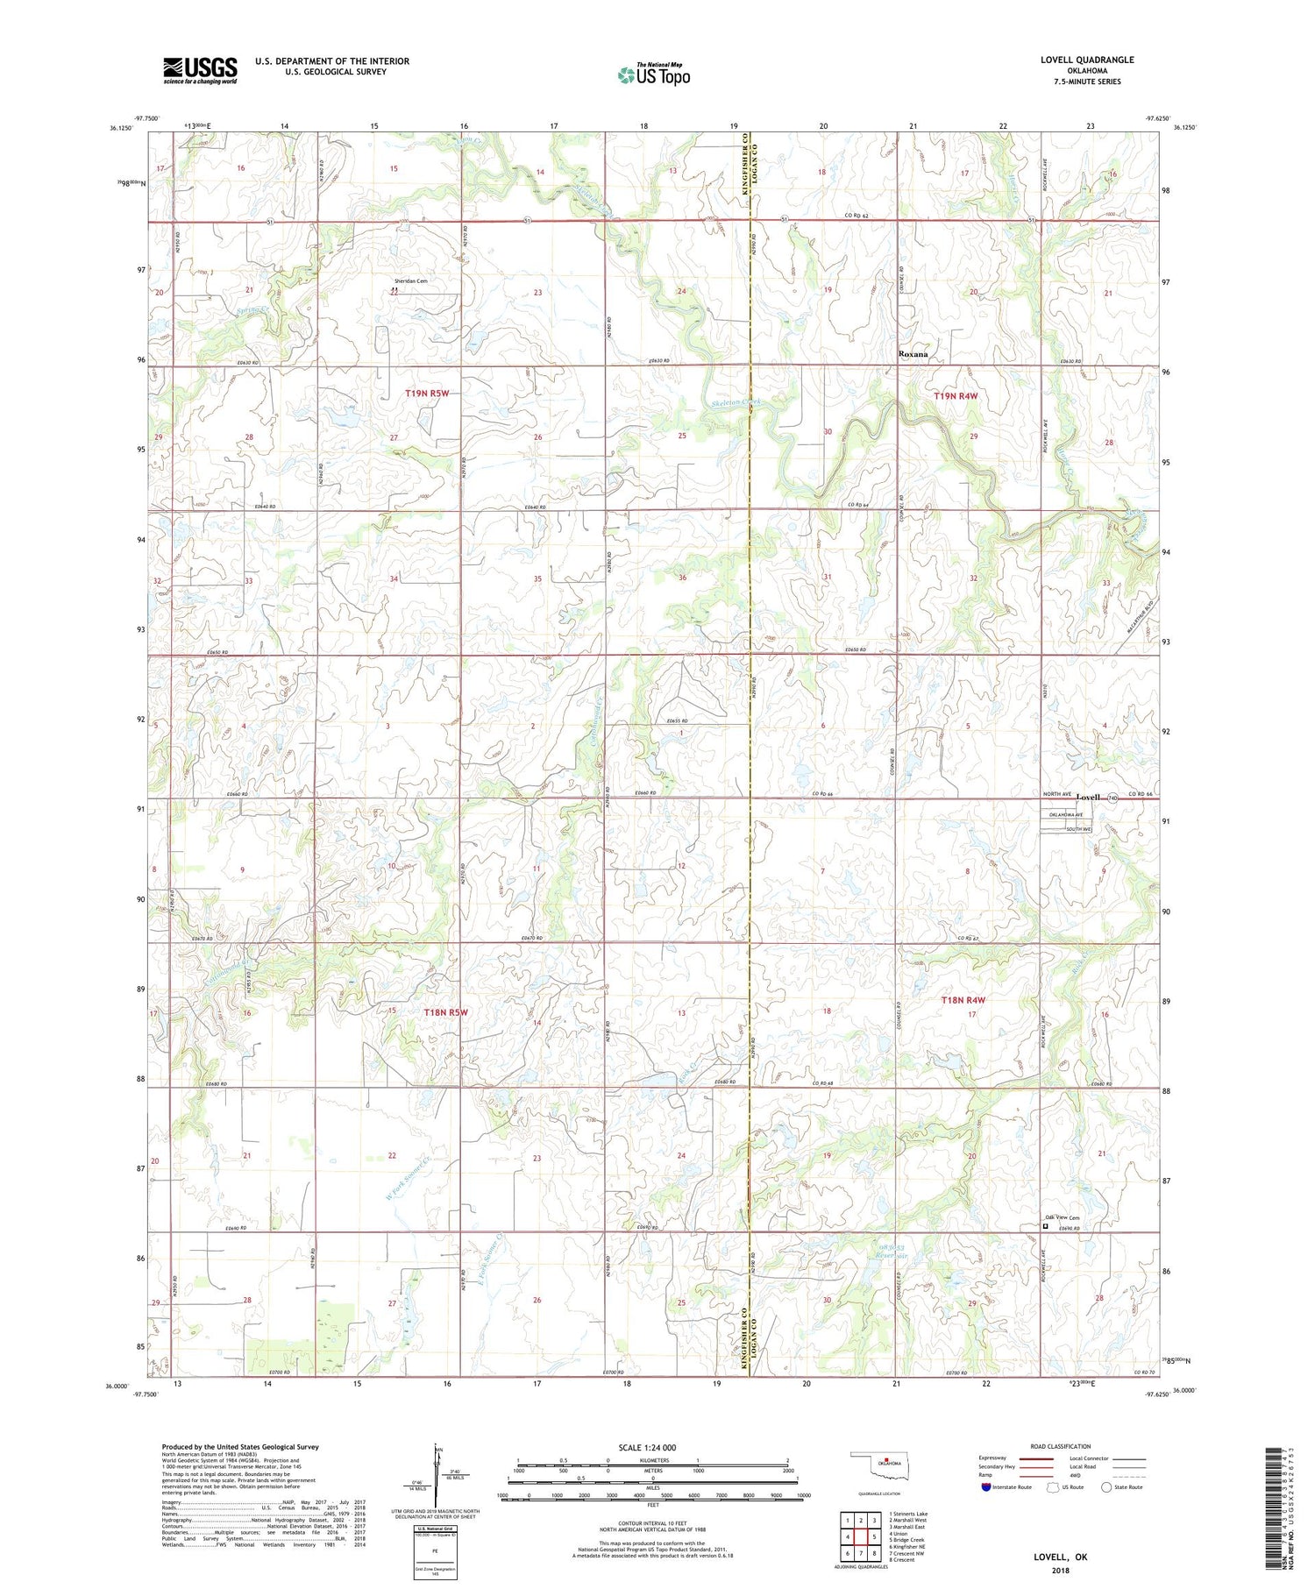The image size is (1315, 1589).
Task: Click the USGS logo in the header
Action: coord(200,70)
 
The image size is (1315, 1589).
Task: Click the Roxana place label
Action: coord(913,354)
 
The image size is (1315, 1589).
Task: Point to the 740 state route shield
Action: coord(1112,798)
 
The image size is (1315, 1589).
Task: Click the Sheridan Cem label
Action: coord(410,281)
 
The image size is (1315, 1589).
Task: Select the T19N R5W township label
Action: coord(427,394)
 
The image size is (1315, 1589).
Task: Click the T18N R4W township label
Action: coord(963,1000)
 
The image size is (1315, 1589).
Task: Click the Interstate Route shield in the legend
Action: coord(986,1487)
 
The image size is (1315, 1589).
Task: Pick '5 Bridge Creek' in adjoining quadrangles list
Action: coord(906,1539)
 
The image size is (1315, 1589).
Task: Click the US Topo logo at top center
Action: coord(653,75)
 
